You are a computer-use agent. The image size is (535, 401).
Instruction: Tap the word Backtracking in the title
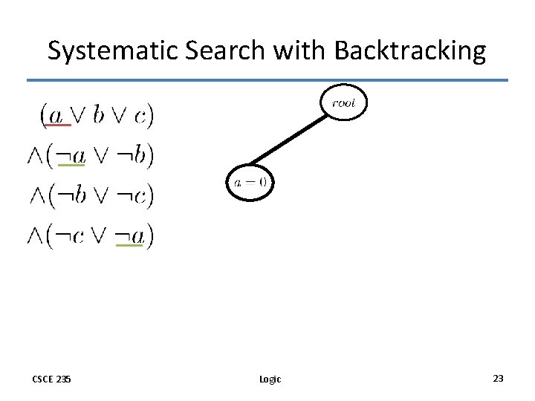click(410, 50)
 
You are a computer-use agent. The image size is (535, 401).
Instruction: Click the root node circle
click(344, 103)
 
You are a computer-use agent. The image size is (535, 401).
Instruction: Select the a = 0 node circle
click(250, 181)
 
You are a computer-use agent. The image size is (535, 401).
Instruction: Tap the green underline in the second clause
click(71, 165)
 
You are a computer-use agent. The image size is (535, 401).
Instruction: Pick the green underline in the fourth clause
click(129, 245)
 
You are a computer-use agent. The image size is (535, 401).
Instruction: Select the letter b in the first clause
click(100, 114)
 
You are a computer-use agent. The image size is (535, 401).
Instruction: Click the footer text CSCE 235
click(52, 379)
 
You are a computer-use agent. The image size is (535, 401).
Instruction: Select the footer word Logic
click(270, 379)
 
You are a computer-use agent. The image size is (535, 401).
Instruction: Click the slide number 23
click(498, 379)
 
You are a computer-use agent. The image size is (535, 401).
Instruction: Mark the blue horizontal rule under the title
click(267, 80)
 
